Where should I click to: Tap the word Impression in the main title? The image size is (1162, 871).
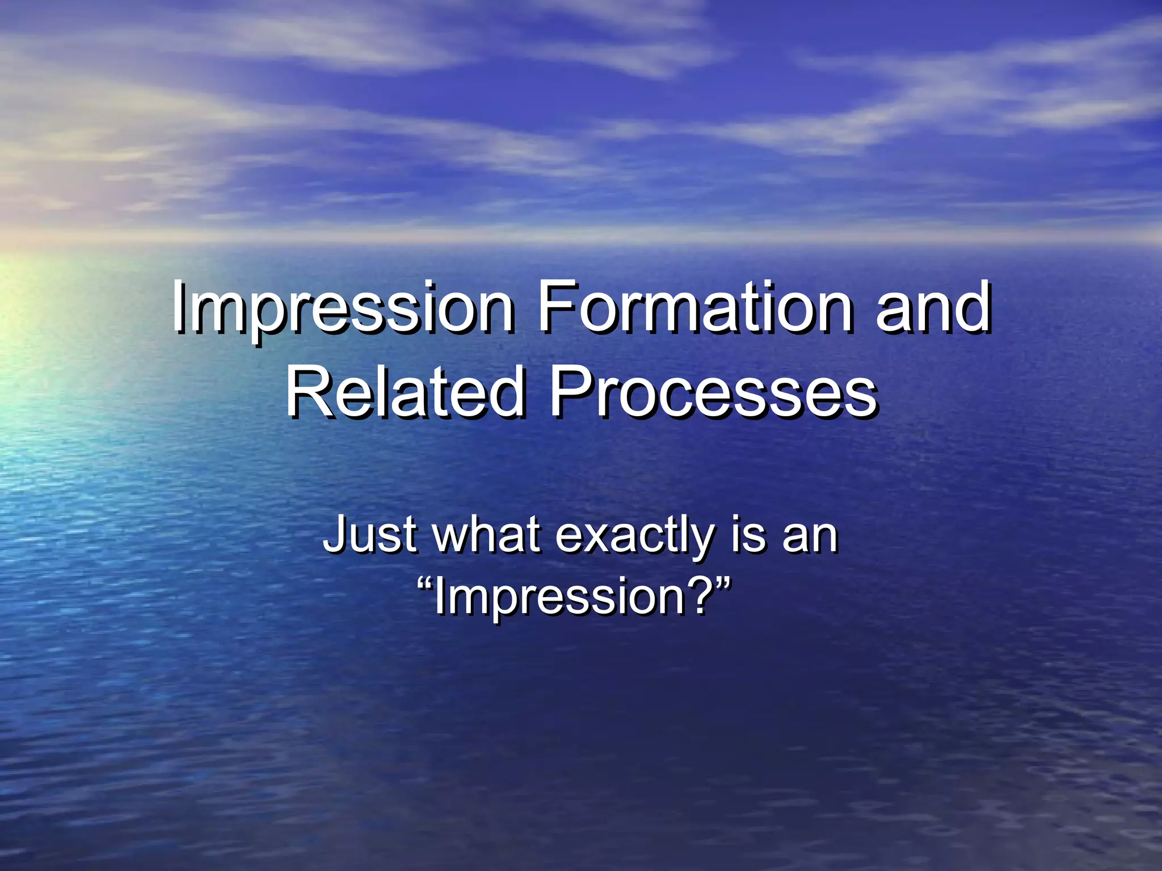(343, 310)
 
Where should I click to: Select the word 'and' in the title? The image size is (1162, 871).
(933, 308)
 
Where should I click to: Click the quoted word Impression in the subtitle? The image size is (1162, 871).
(559, 598)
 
